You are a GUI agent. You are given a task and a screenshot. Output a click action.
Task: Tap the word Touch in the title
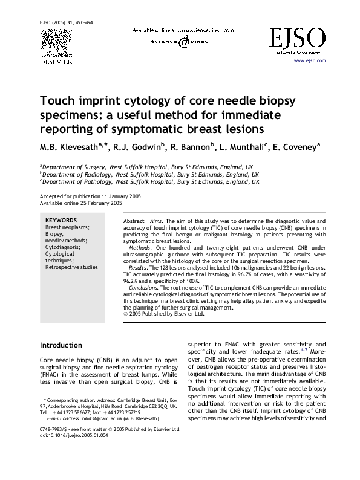[56, 100]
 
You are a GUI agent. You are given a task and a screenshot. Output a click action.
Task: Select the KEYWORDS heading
[61, 220]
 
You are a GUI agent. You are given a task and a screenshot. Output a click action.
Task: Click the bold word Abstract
[133, 222]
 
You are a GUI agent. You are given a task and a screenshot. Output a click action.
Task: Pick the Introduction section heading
[61, 345]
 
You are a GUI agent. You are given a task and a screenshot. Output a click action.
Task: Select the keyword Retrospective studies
[71, 267]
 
